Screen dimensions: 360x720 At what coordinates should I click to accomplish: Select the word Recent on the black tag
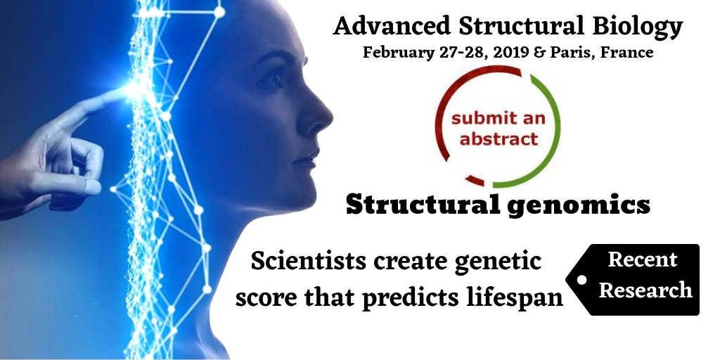[x=643, y=259]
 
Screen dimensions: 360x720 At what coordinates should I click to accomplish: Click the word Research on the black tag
[x=645, y=290]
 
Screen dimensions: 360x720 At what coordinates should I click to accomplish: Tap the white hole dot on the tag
[x=581, y=280]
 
